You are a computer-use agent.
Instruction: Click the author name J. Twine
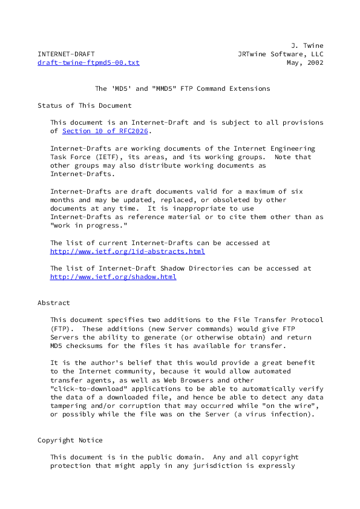click(x=307, y=45)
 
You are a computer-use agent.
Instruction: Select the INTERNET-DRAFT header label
click(x=66, y=54)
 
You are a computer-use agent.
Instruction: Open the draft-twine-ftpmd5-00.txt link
click(x=88, y=62)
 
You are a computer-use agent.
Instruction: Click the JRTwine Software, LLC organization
click(x=281, y=54)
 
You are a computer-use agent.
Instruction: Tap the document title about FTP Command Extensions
click(x=182, y=88)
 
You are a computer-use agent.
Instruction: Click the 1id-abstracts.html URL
click(x=127, y=251)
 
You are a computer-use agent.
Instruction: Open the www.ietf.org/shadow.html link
click(x=113, y=277)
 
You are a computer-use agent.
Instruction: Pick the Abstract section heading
click(x=54, y=303)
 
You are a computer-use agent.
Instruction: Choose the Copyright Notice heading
click(x=70, y=440)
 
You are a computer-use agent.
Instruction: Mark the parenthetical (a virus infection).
click(x=279, y=414)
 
